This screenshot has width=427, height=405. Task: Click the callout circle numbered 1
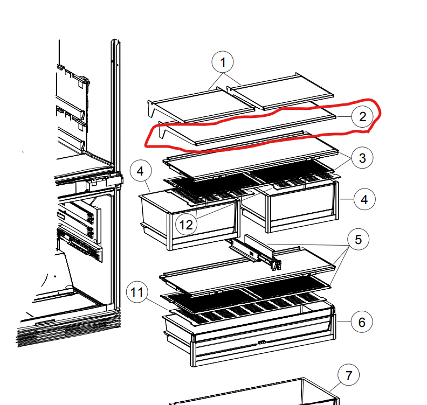223,62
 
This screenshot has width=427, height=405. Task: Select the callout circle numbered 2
362,117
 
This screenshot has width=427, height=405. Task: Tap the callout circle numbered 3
362,158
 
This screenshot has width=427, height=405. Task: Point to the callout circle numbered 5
359,239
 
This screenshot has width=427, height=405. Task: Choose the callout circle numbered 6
362,322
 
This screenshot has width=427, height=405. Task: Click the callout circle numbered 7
349,375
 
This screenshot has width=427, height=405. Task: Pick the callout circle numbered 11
137,292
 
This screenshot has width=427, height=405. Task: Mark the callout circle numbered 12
186,225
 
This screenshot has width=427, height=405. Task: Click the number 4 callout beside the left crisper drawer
141,171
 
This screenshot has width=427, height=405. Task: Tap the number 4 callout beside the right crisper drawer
364,199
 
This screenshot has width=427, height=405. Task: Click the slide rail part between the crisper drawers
256,252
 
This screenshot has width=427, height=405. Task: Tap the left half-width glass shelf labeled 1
202,104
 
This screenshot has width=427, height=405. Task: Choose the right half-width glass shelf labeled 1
280,91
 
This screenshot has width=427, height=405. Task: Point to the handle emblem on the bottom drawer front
261,342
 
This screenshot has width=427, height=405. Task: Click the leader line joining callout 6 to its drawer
343,322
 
